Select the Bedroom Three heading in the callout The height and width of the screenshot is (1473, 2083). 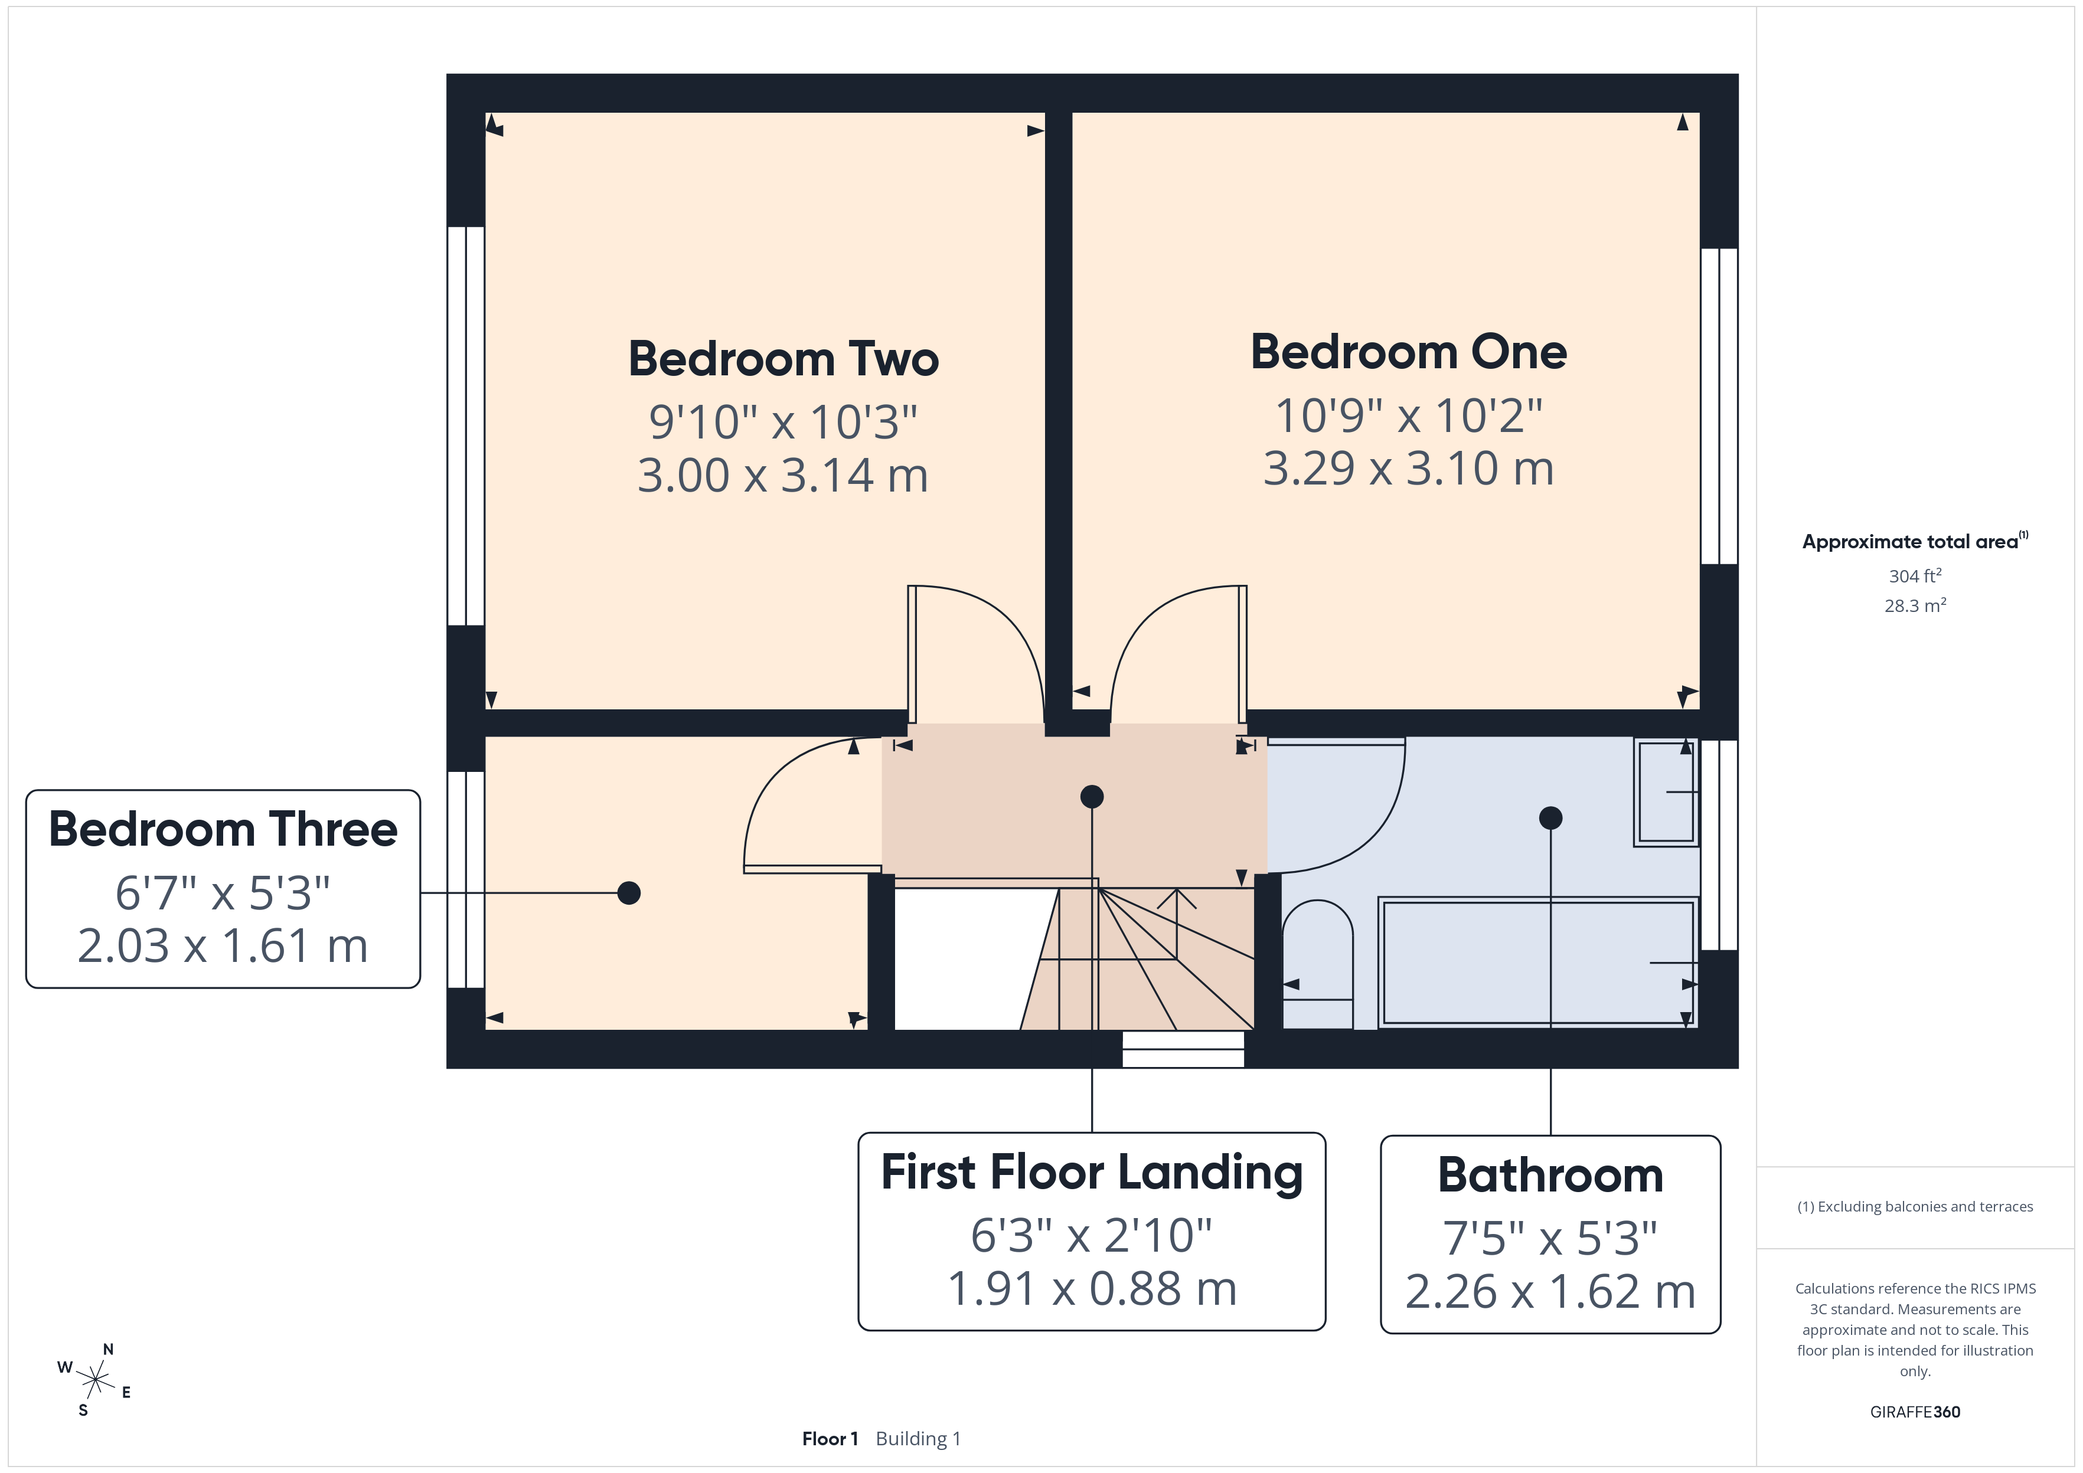(223, 829)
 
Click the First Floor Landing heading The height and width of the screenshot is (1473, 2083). (1092, 1173)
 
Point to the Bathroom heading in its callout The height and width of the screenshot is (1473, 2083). (1550, 1176)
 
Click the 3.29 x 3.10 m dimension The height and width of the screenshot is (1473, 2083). (1408, 469)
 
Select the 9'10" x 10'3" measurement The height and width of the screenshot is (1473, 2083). (783, 423)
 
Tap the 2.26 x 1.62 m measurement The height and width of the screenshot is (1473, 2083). (1550, 1292)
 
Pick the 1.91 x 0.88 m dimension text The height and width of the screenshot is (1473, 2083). (1092, 1289)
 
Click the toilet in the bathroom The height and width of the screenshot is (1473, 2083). (1317, 964)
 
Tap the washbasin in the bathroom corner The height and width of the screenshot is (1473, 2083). (1666, 793)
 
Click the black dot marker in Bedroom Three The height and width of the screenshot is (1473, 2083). (629, 893)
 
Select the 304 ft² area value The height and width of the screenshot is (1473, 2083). (1915, 576)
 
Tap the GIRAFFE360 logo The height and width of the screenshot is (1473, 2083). (1915, 1412)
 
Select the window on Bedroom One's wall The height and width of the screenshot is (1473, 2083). (1719, 407)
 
